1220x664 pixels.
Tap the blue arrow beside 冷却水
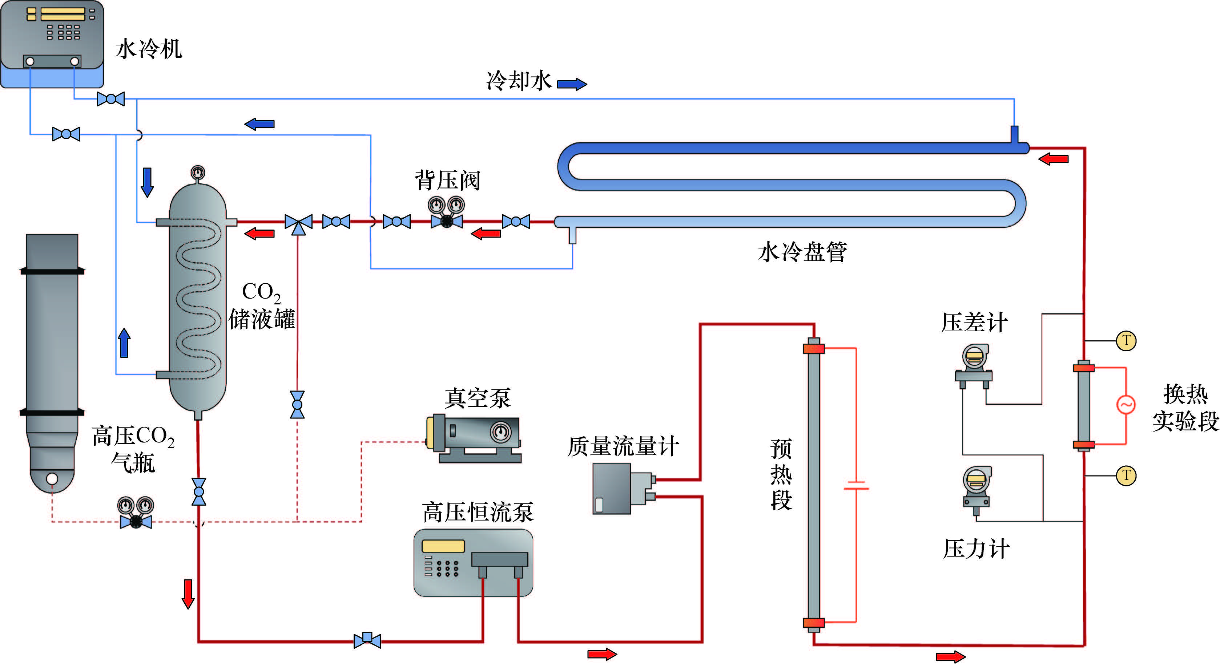[x=572, y=84]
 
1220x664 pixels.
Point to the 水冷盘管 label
[x=802, y=252]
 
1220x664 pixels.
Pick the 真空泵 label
[x=478, y=398]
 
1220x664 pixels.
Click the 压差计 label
[x=974, y=323]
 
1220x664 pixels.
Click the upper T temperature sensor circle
[x=1126, y=341]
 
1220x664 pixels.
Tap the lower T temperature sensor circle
[x=1126, y=475]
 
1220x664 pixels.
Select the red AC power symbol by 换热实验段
[x=1126, y=405]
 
